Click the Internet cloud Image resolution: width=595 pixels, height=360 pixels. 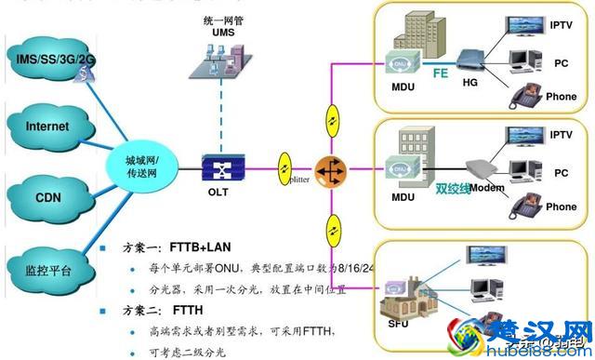(48, 126)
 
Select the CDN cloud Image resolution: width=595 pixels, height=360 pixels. (48, 196)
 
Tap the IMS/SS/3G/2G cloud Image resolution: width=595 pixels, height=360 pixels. (56, 59)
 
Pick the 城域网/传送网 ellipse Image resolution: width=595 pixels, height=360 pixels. (147, 166)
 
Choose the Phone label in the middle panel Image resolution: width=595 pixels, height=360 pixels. (561, 207)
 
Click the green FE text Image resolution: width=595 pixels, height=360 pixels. (440, 68)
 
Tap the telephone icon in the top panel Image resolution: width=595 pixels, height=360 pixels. (519, 97)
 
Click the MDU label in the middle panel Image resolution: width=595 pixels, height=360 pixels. (403, 198)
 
